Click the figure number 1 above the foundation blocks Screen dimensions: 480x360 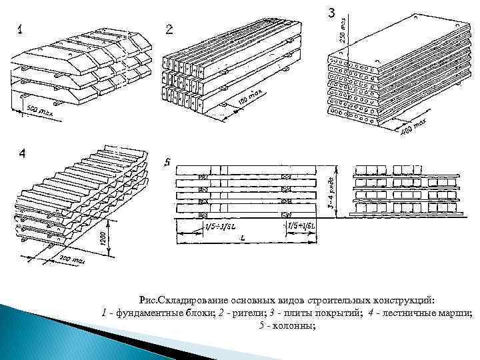[x=21, y=30]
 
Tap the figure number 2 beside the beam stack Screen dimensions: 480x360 [x=169, y=29]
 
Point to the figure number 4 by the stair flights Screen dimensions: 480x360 [x=22, y=154]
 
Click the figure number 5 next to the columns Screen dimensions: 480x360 [x=167, y=163]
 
